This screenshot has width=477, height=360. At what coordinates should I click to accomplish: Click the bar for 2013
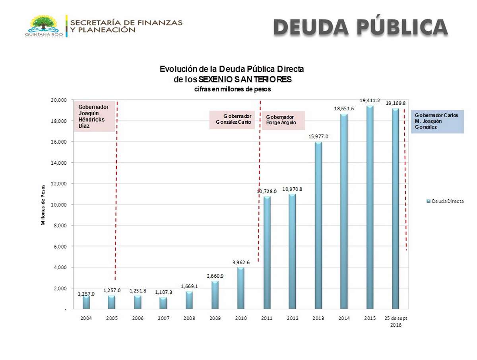318,225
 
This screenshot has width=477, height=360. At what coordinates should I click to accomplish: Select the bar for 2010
241,288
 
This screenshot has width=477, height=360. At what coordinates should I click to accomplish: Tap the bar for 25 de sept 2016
396,208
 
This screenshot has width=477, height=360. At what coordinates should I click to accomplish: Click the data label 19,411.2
370,101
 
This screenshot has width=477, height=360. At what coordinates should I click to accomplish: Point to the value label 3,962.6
241,262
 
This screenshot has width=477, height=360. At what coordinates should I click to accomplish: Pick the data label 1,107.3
163,292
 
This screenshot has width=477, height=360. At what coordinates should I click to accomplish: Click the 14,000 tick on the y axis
58,163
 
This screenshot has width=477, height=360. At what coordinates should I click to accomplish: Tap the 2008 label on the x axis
189,318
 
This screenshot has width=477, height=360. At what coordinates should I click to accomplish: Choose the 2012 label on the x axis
293,318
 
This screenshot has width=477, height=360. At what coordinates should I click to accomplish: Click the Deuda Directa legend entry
445,201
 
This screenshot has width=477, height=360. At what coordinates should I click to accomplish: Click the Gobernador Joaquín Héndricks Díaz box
95,116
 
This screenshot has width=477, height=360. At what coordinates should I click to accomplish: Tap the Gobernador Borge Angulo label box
283,120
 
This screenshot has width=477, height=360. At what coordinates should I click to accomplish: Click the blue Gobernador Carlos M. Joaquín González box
437,121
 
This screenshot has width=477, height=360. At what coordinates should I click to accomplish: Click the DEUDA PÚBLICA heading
361,27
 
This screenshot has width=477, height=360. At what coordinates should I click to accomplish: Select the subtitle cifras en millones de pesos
233,89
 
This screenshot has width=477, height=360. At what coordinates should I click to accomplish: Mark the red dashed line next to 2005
116,191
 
